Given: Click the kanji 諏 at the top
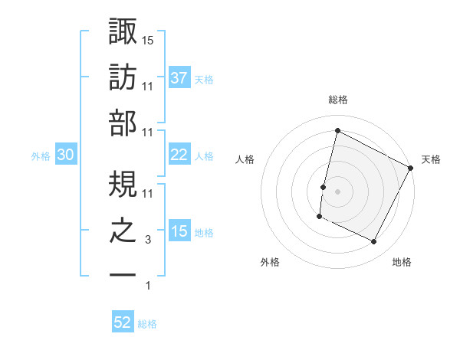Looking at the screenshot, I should coord(123,33).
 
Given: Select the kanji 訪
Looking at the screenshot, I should coord(123,79).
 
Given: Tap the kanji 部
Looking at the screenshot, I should coord(123,125).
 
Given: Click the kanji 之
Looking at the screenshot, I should coord(123,231).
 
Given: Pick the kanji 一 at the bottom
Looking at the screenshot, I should coord(123,274).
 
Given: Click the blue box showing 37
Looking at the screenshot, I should coord(179,78).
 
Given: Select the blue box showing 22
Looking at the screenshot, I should coord(179,155).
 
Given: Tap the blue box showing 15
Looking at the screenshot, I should coord(179,231).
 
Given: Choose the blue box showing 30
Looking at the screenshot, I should coord(65,155).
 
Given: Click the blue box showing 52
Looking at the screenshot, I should coord(123,322).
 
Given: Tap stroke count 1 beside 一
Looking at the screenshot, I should coord(147,286).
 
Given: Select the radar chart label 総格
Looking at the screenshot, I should coord(337,100).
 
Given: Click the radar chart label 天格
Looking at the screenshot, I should coord(431,159).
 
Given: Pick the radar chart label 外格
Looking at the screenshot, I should coord(270,262).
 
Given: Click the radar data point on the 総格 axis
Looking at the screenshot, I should coord(337,131).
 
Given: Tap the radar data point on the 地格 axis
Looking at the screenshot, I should coord(373,241).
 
